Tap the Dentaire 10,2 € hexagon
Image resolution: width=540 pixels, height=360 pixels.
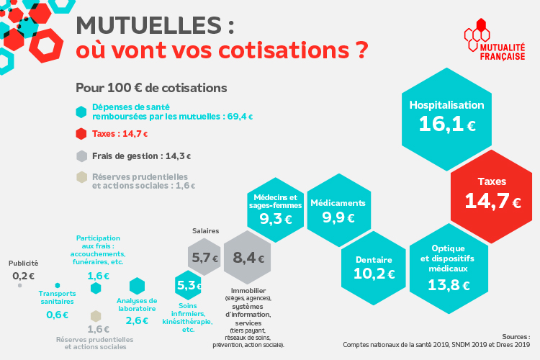[x=374, y=267]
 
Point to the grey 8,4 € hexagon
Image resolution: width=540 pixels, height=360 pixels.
[x=248, y=258]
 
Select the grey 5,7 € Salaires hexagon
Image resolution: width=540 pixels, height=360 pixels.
[x=204, y=258]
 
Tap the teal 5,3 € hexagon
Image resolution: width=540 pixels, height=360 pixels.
[x=189, y=286]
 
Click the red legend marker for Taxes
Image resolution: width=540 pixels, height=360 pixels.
[x=82, y=134]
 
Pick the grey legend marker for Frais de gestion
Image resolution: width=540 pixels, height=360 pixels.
[x=82, y=156]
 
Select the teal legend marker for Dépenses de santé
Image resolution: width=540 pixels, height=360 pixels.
[x=82, y=112]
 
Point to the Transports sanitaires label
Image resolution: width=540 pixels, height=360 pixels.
[x=57, y=297]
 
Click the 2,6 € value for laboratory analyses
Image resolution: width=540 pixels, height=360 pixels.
[x=137, y=320]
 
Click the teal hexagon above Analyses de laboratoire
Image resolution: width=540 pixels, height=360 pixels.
[x=137, y=286]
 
